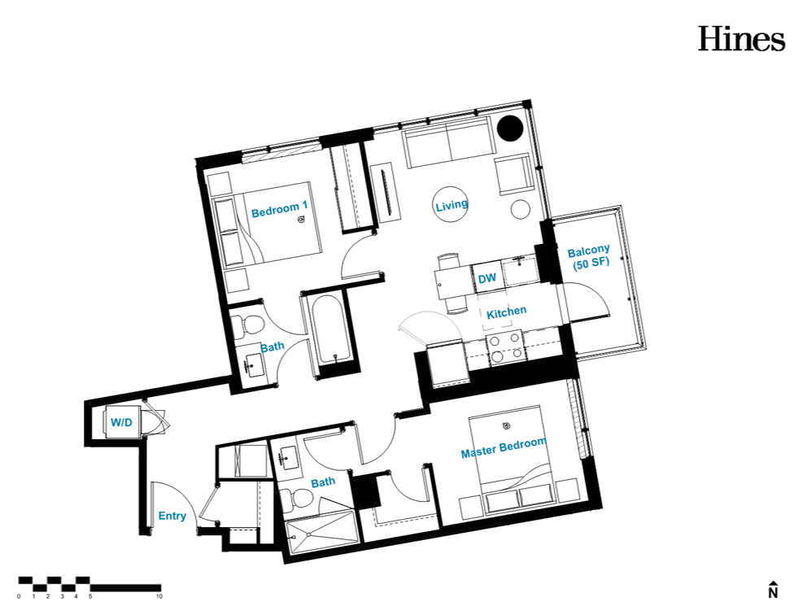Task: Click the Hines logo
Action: tap(742, 39)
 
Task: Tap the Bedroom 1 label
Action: tap(280, 209)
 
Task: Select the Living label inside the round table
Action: tap(451, 205)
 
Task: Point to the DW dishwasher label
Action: tap(486, 278)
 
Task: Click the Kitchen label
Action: tap(506, 312)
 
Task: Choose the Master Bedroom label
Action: tap(503, 447)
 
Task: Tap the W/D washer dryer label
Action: tap(121, 423)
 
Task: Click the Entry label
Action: tap(172, 516)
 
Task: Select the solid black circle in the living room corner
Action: tap(510, 128)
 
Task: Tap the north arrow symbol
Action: tap(773, 589)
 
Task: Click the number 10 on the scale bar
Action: tap(159, 596)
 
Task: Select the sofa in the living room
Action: tap(447, 142)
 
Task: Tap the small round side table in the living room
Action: tap(520, 209)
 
